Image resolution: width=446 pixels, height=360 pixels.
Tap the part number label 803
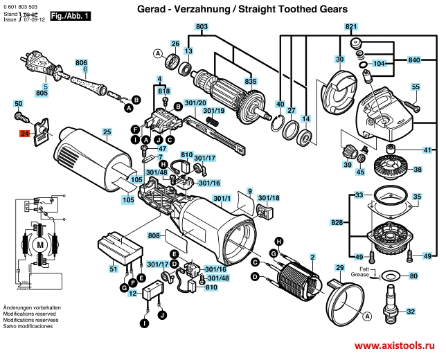point(202,27)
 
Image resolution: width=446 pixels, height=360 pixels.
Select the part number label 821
point(351,27)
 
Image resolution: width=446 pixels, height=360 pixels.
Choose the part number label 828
point(337,222)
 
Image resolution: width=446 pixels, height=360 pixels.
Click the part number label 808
point(154,236)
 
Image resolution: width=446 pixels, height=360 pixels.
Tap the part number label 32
point(411,312)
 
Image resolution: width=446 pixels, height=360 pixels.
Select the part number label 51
point(113,269)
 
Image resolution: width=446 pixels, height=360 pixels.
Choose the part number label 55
point(416,87)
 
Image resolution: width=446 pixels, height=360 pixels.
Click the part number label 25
point(107,132)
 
